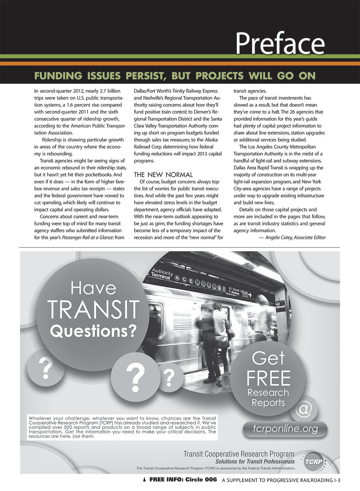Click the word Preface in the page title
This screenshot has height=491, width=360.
280,42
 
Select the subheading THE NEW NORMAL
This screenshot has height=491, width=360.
163,174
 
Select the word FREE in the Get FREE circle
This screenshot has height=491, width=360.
268,378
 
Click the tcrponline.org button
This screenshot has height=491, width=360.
285,429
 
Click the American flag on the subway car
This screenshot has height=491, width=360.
182,321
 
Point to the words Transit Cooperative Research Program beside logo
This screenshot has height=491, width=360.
239,454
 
